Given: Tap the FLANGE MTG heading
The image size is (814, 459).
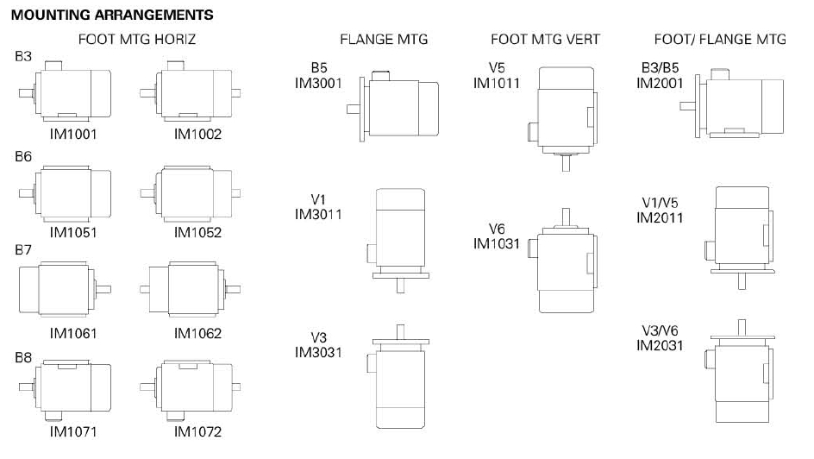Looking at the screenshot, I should pos(384,40).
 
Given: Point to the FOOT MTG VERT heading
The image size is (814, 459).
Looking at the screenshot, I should pos(546,40).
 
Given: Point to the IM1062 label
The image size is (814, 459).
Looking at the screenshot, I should pos(198,333).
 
